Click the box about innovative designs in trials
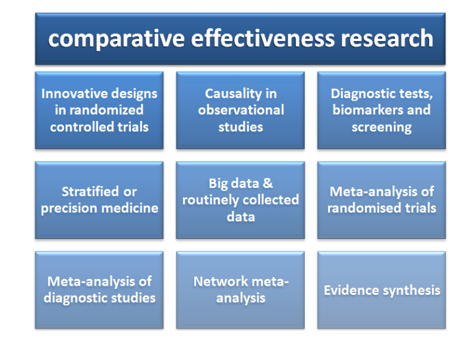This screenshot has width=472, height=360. [x=99, y=111]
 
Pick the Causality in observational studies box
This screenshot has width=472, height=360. [x=240, y=111]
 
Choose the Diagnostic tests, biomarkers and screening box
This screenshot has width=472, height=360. [x=381, y=111]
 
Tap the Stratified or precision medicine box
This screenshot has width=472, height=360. [x=99, y=200]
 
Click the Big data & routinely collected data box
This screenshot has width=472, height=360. [x=240, y=200]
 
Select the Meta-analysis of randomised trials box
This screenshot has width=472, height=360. [x=381, y=200]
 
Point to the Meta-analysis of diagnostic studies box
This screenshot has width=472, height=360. [x=99, y=290]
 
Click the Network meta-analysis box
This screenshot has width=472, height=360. [x=240, y=290]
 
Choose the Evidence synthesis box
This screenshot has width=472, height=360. [x=381, y=290]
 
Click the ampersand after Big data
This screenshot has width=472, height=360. [x=267, y=184]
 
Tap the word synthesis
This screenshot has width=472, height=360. [x=411, y=290]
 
